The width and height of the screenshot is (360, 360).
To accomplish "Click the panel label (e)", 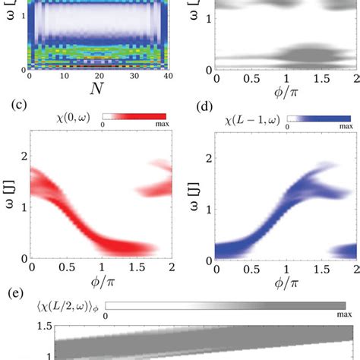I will tap(13, 292).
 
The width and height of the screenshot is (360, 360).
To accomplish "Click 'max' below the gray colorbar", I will tap(339, 317).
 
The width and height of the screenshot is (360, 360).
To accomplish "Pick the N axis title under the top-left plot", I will tap(96, 89).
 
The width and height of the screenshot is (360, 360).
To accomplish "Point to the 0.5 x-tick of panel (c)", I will tap(65, 267).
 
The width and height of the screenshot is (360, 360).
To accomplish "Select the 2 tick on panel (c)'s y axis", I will tap(23, 155).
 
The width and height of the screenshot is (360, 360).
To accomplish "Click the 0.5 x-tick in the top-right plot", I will tap(251, 78).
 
